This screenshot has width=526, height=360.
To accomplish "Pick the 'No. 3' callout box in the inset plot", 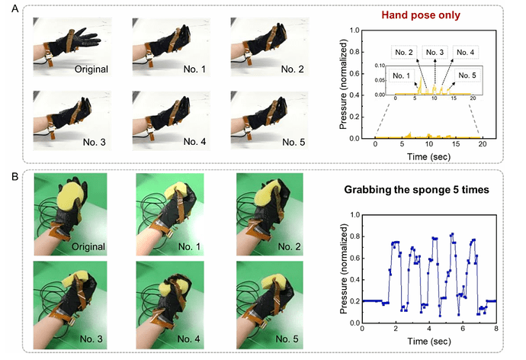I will [435, 52].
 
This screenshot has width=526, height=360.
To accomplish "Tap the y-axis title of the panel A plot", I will [345, 85].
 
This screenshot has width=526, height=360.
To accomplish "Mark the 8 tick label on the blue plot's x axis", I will [496, 329].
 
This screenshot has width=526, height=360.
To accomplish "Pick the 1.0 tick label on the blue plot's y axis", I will [354, 214].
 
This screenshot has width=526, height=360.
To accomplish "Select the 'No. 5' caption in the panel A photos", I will [294, 141].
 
